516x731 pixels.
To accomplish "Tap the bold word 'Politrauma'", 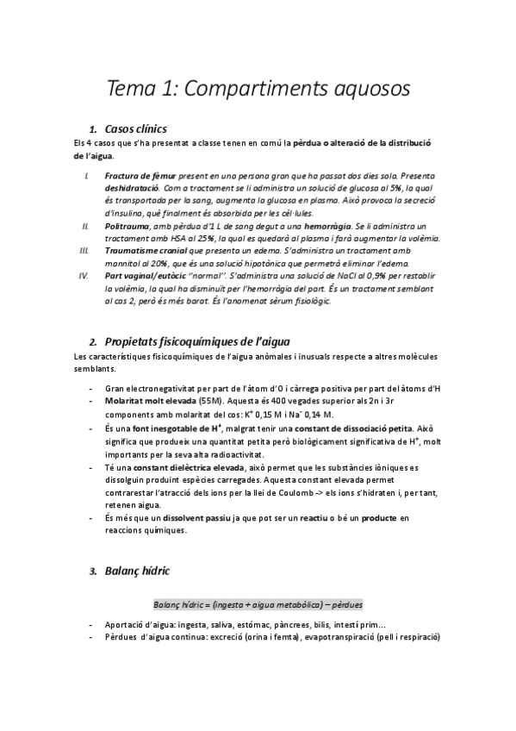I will click(x=127, y=226).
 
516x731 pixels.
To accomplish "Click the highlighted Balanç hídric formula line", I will click(x=258, y=603).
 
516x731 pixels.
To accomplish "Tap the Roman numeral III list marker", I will click(x=84, y=251).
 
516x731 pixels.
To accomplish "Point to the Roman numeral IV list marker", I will click(x=84, y=276).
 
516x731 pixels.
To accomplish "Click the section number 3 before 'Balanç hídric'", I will click(x=93, y=571).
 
